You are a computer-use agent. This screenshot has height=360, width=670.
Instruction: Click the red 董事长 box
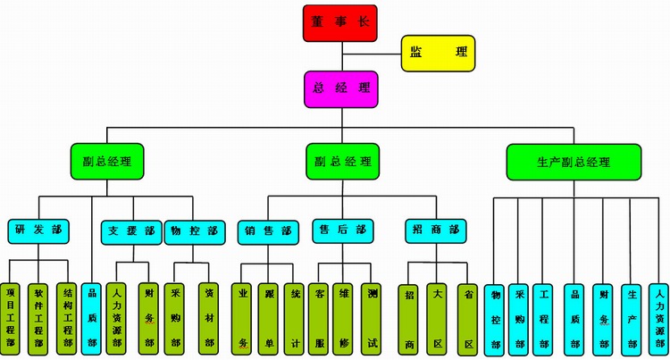point(340,23)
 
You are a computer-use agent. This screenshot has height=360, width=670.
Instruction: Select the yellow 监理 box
point(438,54)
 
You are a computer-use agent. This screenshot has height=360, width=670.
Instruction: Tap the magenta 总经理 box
point(341,89)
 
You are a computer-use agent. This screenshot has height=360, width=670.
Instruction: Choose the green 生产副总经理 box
point(574,162)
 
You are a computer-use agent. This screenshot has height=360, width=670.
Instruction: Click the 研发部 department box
point(38,232)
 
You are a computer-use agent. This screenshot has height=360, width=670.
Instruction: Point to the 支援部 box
point(131,232)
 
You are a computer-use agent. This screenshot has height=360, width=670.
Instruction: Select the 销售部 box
point(268,232)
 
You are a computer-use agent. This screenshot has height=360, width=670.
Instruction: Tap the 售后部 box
point(343,231)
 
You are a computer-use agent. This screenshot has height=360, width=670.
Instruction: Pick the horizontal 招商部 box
point(436,231)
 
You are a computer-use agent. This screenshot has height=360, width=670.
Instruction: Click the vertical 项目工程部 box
point(10,319)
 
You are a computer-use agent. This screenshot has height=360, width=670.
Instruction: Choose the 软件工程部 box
point(38,319)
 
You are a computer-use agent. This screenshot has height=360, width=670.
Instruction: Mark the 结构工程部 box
point(67,319)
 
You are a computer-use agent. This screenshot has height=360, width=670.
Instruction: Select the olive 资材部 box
point(208,319)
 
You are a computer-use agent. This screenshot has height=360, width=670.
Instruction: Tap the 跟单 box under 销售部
point(268,320)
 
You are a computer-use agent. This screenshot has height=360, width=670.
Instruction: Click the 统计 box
point(295,320)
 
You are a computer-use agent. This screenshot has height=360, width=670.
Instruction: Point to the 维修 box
point(343,320)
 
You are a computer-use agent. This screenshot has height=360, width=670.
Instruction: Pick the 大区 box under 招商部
point(437,320)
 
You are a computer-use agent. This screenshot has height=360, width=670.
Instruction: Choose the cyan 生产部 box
point(632,321)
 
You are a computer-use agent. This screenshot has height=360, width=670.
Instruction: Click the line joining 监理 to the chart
point(372,54)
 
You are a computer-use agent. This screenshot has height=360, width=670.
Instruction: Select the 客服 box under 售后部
point(319,320)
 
